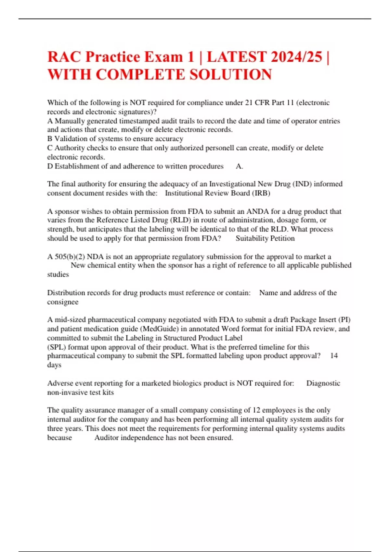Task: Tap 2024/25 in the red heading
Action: point(296,57)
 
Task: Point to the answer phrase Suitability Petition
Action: point(265,238)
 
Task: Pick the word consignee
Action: point(63,302)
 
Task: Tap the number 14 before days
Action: point(334,356)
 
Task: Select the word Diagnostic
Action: point(323,383)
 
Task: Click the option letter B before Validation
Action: point(50,139)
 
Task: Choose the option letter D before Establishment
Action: point(50,166)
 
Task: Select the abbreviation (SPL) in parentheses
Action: point(57,347)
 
